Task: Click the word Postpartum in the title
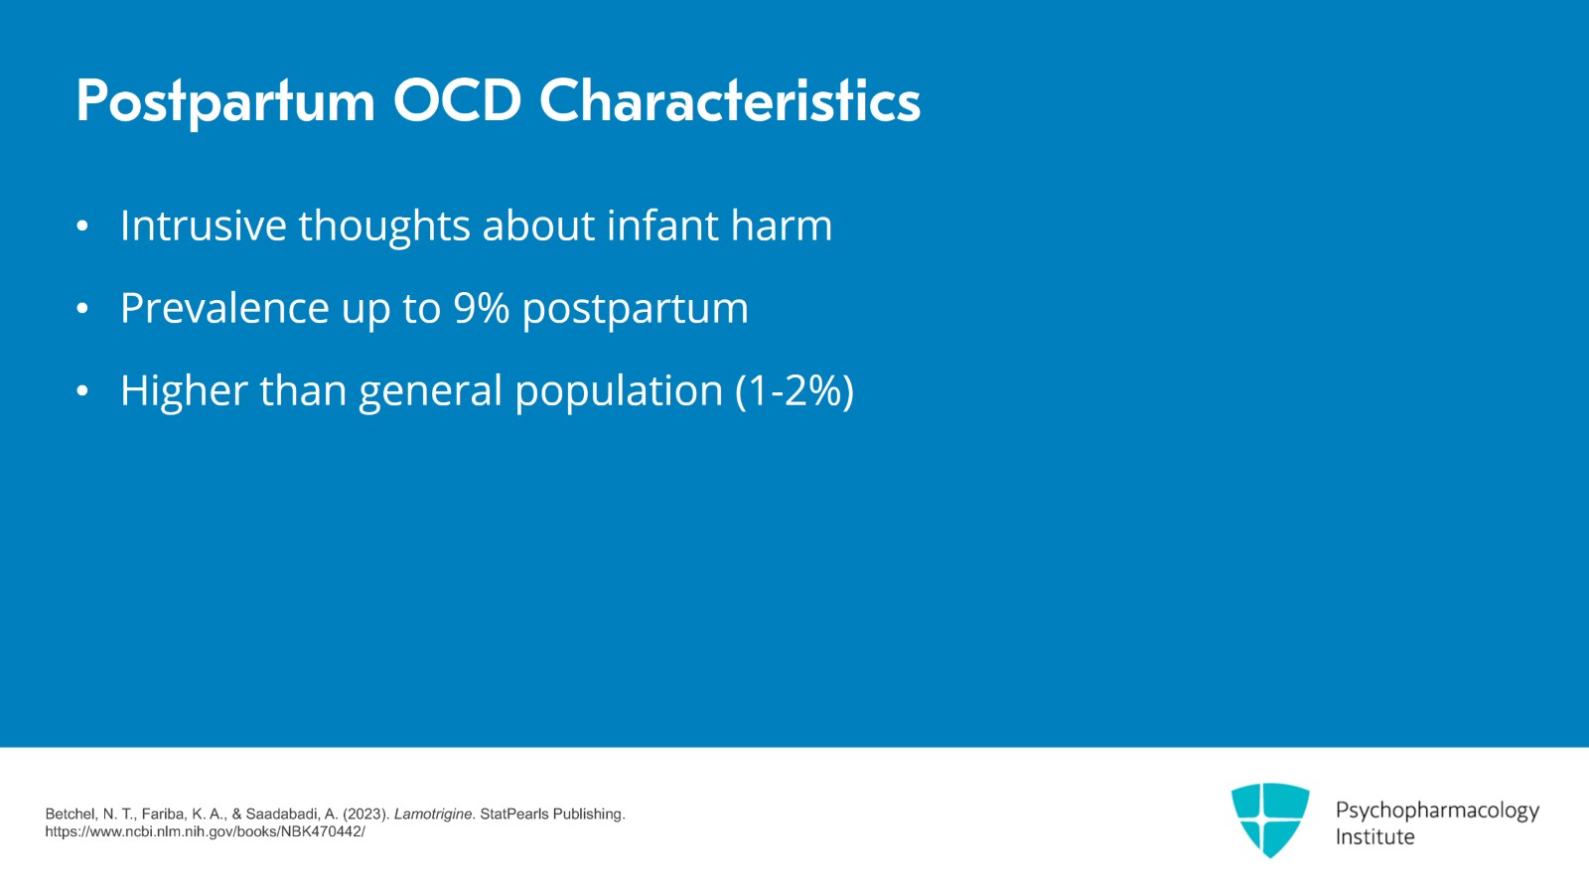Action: pyautogui.click(x=225, y=101)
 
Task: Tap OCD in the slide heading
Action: pyautogui.click(x=457, y=101)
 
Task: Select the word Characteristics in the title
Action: pyautogui.click(x=730, y=101)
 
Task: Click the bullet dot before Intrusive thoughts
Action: pyautogui.click(x=82, y=226)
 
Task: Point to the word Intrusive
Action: pyautogui.click(x=204, y=225)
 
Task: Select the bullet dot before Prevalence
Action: pyautogui.click(x=82, y=309)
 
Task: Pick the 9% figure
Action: pyautogui.click(x=481, y=308)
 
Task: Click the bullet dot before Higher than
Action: pyautogui.click(x=82, y=391)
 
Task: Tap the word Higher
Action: pyautogui.click(x=184, y=390)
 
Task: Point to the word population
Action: pyautogui.click(x=618, y=391)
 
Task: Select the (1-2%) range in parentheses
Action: pyautogui.click(x=794, y=390)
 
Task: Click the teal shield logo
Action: pyautogui.click(x=1270, y=819)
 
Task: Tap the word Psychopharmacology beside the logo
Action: pyautogui.click(x=1437, y=811)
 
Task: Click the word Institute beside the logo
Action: pyautogui.click(x=1374, y=836)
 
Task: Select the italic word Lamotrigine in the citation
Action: pyautogui.click(x=433, y=814)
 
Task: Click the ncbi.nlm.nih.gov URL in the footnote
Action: pyautogui.click(x=205, y=831)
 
